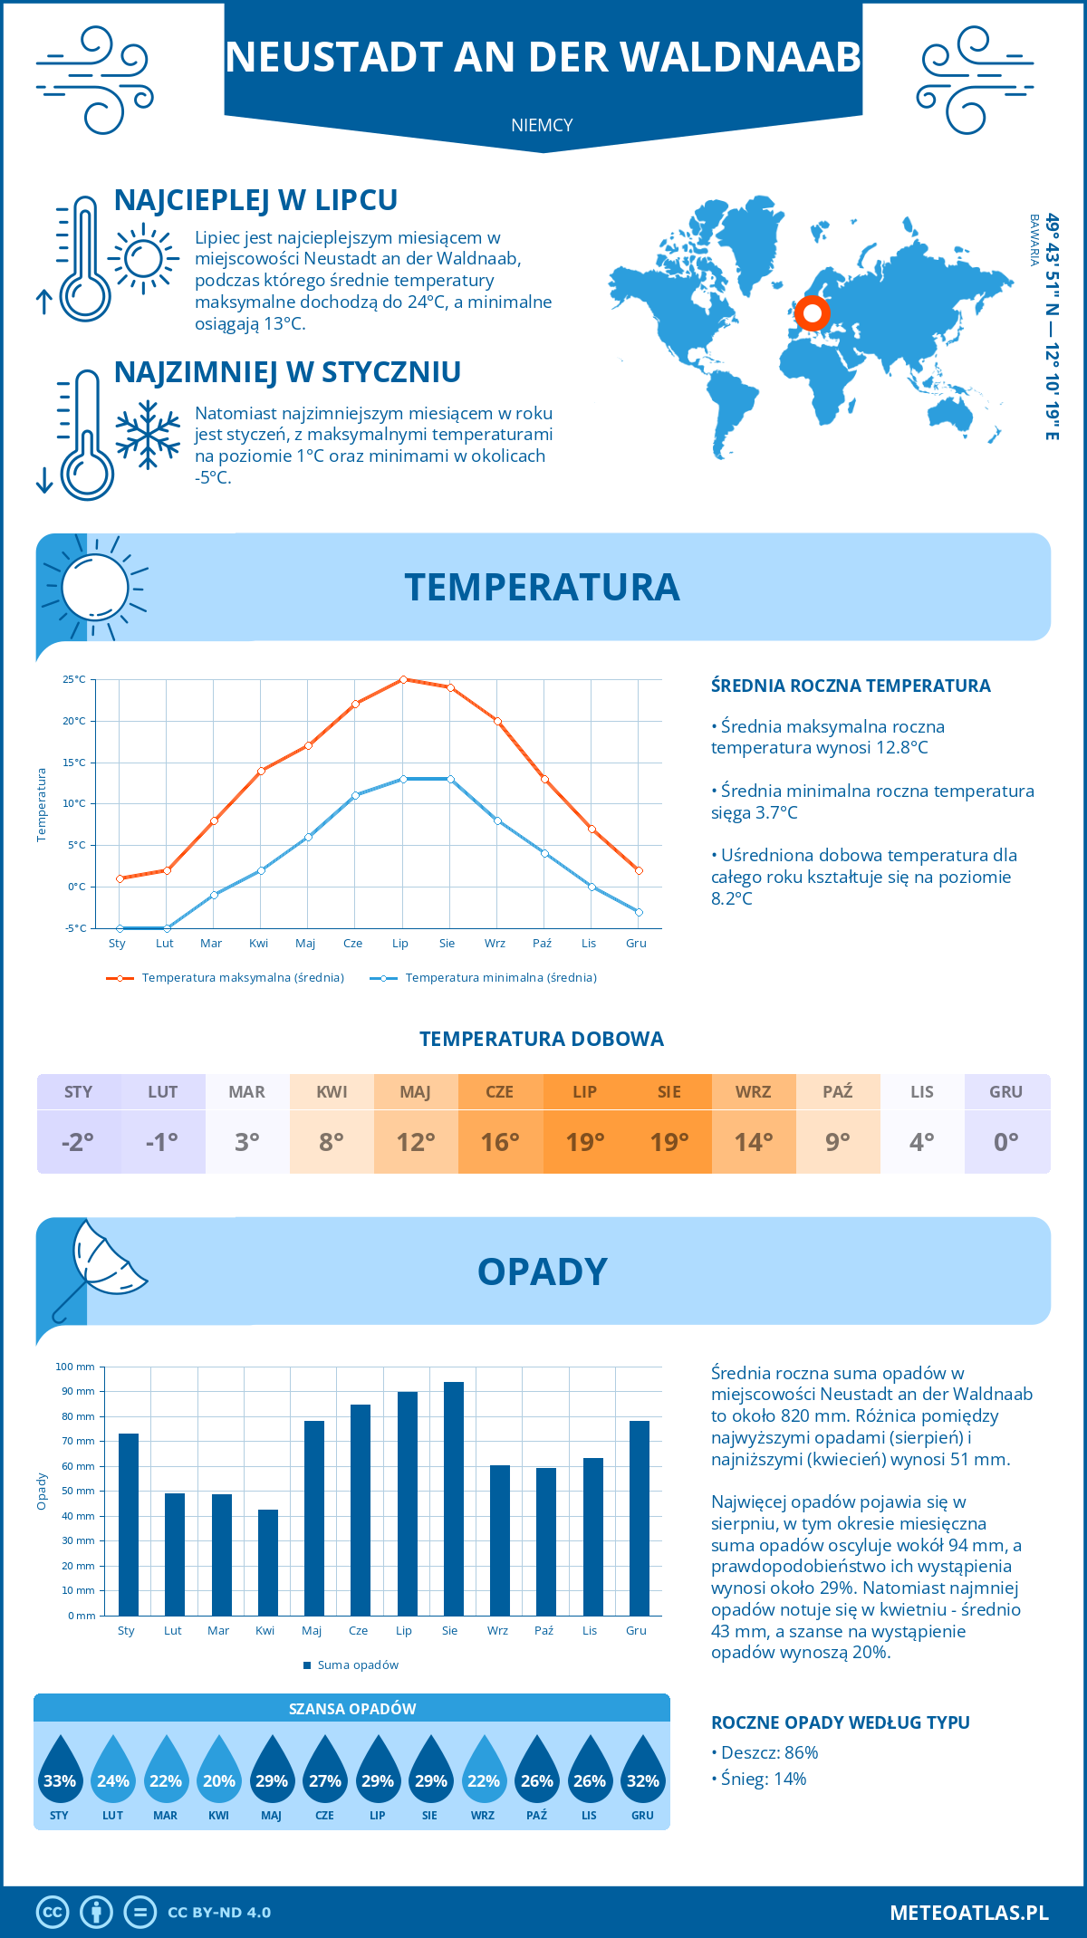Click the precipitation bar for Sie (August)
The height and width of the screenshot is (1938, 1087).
pos(454,1498)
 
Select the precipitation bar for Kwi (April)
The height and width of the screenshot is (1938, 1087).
pos(268,1562)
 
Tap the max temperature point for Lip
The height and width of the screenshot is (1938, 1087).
pos(403,679)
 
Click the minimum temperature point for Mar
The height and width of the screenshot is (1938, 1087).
pos(214,895)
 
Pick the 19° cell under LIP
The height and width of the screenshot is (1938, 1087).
pos(585,1142)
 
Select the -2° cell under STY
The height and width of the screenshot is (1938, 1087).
pos(78,1142)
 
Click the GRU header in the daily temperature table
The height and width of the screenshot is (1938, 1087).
pos(1005,1091)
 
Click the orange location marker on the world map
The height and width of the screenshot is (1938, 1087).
pos(813,313)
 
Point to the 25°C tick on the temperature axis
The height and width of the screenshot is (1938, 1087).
pos(74,679)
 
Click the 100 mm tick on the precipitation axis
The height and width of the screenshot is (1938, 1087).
pos(75,1367)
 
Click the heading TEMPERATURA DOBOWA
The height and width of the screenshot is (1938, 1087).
pos(542,1039)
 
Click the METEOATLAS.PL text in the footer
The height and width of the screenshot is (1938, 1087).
pos(968,1912)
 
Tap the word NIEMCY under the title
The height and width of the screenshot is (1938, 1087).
pos(542,125)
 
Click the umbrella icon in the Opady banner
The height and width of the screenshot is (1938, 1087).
pos(100,1263)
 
